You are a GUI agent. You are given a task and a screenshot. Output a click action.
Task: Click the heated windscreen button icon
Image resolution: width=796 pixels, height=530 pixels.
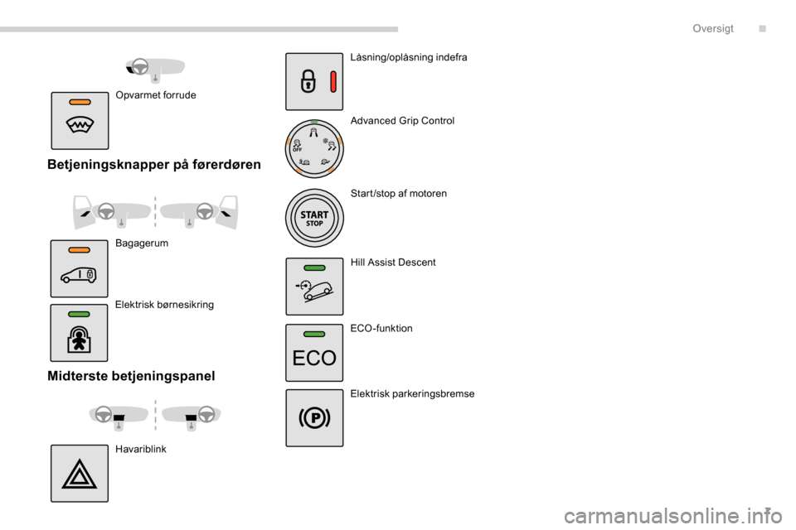tap(80, 120)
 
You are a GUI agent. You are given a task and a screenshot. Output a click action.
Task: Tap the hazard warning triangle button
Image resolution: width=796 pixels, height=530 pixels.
tap(80, 474)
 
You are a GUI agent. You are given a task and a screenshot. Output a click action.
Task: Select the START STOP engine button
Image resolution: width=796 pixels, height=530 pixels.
tap(314, 219)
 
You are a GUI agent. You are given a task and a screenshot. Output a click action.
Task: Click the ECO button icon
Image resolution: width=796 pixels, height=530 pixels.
tap(314, 353)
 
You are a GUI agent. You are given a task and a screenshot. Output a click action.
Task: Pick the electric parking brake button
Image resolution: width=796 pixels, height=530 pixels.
tap(314, 418)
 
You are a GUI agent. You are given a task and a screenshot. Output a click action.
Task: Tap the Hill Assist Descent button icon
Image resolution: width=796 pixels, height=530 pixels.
tap(314, 287)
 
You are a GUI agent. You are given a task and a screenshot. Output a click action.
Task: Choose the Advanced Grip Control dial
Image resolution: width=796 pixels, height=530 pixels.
tap(314, 149)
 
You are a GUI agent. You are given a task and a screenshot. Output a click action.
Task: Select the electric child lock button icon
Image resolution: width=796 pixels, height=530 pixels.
tap(80, 333)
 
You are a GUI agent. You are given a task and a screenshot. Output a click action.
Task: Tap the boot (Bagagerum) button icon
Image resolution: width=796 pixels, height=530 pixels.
tap(80, 268)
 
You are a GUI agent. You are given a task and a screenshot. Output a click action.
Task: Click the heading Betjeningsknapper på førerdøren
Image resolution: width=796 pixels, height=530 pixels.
tap(154, 165)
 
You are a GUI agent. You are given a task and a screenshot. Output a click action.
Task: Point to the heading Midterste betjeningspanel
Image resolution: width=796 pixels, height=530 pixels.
tap(131, 376)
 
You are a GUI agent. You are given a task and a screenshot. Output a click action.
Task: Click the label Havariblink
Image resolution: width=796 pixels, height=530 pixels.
tap(141, 449)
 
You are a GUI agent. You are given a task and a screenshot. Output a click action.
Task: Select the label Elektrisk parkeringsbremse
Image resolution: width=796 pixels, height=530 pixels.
tap(412, 394)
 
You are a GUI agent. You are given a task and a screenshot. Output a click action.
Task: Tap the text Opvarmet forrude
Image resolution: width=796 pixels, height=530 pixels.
tap(156, 95)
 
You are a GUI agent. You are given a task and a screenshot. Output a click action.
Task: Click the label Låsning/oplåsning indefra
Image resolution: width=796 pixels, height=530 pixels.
tap(409, 58)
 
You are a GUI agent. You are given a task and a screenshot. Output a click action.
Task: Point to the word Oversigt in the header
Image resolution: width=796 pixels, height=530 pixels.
tap(713, 28)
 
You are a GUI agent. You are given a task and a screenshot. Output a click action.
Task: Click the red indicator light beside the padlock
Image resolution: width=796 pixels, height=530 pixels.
tap(332, 82)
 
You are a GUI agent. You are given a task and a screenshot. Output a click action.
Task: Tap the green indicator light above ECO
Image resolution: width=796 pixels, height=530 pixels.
tap(314, 333)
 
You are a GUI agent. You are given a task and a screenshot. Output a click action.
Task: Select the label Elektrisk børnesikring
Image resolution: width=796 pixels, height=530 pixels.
tap(164, 305)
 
